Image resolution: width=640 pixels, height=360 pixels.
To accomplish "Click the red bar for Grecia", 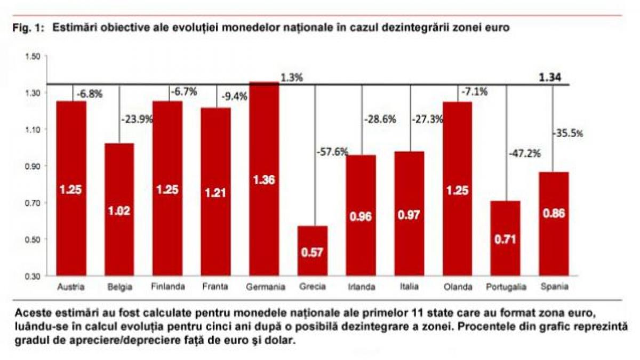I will (x=313, y=251).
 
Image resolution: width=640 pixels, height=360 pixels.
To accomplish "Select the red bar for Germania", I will (x=265, y=179).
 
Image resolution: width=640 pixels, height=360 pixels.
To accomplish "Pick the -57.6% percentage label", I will (x=333, y=152).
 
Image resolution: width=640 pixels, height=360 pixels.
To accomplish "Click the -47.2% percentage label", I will (x=525, y=154).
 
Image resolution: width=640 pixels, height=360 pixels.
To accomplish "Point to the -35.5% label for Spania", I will (x=567, y=133).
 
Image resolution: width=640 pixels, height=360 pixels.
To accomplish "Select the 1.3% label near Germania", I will (x=292, y=78).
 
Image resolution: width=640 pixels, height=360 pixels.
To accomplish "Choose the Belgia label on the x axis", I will (x=119, y=287).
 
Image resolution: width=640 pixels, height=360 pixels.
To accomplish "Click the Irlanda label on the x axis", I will (x=361, y=287).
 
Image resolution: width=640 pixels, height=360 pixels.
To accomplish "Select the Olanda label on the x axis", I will (x=457, y=287).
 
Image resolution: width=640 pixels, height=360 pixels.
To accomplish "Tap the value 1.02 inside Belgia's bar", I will (x=119, y=210).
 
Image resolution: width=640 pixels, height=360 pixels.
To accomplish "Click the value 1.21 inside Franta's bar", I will (x=216, y=193).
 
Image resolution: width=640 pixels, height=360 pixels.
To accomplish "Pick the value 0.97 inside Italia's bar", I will (x=409, y=215).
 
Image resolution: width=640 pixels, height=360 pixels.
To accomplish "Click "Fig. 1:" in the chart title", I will (x=29, y=29).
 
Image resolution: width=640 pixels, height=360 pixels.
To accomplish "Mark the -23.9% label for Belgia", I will (x=138, y=119).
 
